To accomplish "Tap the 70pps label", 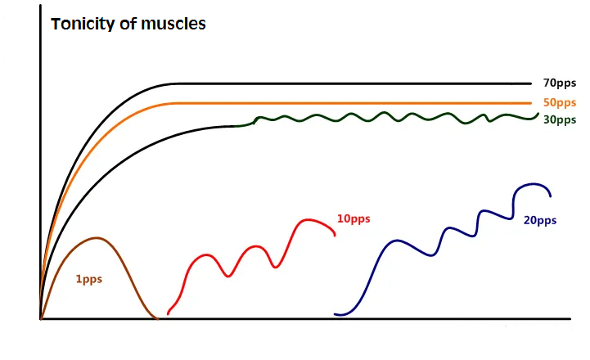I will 560,83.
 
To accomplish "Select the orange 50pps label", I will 560,102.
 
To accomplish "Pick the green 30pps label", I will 560,119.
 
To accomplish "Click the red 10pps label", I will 354,218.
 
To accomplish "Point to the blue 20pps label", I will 540,220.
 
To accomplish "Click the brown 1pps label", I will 88,279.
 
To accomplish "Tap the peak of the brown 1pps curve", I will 98,237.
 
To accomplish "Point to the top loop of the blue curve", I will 533,184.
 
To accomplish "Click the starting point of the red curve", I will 168,313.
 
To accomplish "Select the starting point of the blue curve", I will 335,314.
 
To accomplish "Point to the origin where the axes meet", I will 40,317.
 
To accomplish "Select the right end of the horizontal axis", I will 570,317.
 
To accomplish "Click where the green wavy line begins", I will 237,125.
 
